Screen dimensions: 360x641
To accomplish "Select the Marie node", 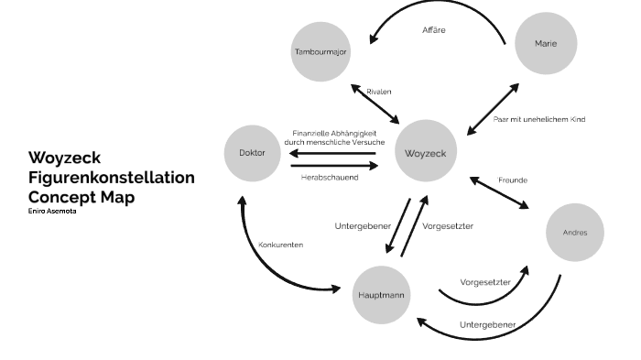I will coord(546,43).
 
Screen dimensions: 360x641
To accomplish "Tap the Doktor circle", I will coord(252,152).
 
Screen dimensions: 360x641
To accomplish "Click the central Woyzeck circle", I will coord(426,152).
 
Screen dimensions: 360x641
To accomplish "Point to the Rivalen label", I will coord(379,93).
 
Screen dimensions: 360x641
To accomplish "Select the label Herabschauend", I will coord(330,177).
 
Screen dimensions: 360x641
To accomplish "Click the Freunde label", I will coord(512,179).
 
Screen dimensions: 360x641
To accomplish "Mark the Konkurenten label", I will coord(281,245).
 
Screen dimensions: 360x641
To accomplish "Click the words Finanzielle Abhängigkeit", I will coord(335,133).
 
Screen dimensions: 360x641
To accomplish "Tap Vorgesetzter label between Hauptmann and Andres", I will coord(483,282).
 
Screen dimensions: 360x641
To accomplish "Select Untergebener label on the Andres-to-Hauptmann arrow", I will coord(486,324).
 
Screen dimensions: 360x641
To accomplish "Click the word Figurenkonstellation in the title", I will coord(111,178).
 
